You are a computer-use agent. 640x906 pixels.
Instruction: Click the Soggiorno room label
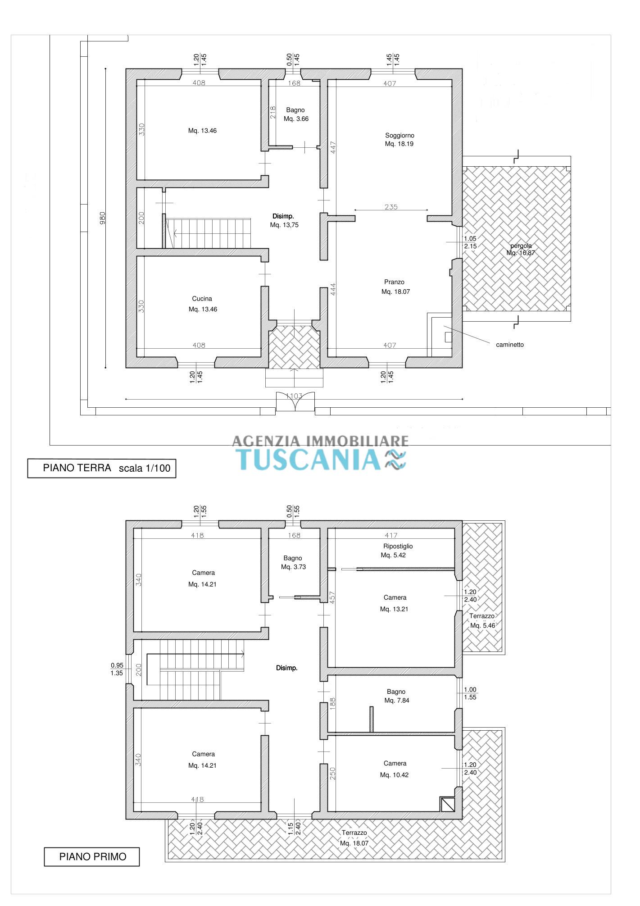pos(399,135)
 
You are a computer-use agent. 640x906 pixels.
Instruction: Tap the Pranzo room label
pos(394,282)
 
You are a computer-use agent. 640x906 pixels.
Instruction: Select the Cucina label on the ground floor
pos(202,299)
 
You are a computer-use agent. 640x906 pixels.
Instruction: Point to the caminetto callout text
pos(510,345)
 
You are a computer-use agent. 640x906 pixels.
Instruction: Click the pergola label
pos(521,246)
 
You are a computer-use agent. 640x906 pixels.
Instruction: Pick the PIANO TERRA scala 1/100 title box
pos(102,468)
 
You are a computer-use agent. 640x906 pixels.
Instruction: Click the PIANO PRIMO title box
pos(92,856)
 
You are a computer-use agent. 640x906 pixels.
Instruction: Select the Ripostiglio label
pos(395,546)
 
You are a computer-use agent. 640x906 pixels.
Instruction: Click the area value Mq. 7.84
pos(397,701)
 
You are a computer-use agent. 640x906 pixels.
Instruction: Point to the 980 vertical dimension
pos(103,218)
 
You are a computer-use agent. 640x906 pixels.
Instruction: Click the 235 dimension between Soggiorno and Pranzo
pos(391,207)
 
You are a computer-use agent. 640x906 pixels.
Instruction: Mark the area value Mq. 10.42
pos(394,775)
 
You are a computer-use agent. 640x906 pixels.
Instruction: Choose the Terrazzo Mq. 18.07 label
pos(354,838)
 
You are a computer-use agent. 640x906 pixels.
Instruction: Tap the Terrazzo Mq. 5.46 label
pos(482,621)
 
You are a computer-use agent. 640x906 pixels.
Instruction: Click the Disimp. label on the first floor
pos(287,668)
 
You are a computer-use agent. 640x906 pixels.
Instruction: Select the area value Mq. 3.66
pos(296,119)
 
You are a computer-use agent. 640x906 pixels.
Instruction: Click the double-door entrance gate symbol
pos(295,401)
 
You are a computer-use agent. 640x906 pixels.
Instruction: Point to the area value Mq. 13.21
pos(394,609)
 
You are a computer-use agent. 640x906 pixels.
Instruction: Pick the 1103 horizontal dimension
pos(294,396)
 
